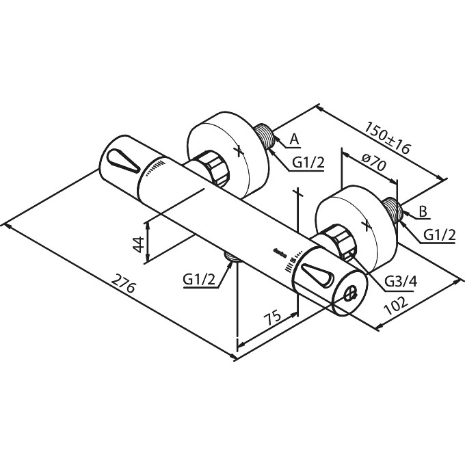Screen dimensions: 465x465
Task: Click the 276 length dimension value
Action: (x=124, y=284)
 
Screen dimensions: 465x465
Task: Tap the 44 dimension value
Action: (x=139, y=244)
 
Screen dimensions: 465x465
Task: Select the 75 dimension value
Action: (x=273, y=317)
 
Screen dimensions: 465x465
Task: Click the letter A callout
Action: (x=294, y=139)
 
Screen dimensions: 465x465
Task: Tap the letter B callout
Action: (x=423, y=212)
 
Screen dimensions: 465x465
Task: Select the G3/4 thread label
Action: (x=401, y=280)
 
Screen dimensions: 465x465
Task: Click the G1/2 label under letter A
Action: (x=308, y=163)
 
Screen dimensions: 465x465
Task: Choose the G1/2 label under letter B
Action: (x=439, y=235)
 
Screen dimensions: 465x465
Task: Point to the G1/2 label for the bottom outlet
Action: (x=199, y=279)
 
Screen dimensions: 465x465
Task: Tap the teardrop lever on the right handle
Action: (x=317, y=274)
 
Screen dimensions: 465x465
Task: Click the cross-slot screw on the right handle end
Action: (x=350, y=293)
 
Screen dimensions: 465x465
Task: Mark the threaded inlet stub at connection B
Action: (x=391, y=210)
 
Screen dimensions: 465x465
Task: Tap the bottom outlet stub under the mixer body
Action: (x=233, y=257)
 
